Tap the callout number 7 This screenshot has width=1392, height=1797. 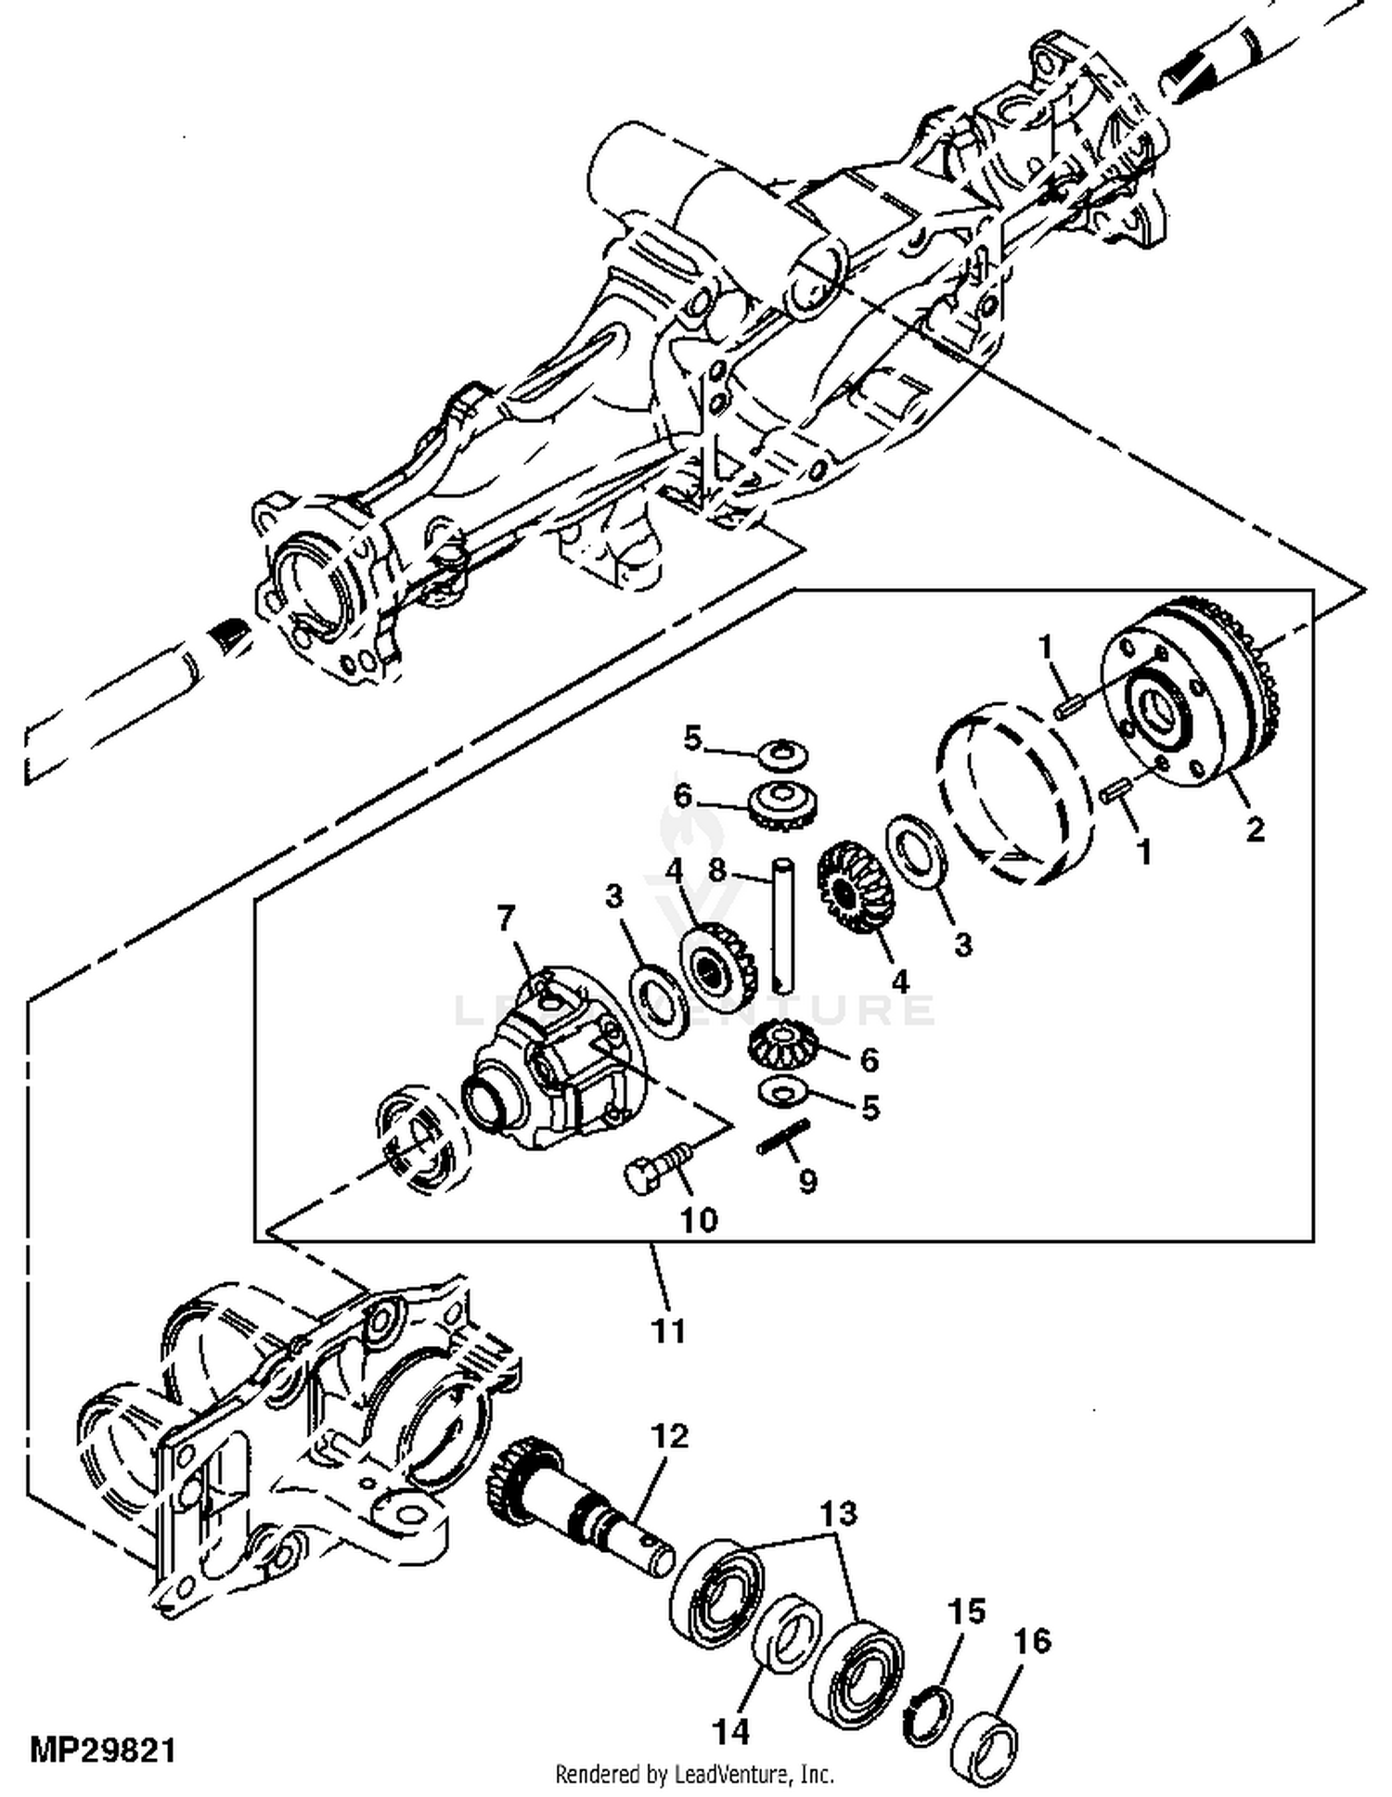pos(505,918)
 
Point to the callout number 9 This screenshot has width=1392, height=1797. pos(807,1182)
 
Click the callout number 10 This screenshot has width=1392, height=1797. pos(698,1219)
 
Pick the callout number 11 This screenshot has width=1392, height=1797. pos(667,1331)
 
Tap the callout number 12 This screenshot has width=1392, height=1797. pos(669,1437)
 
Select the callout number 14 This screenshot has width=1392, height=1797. pos(730,1730)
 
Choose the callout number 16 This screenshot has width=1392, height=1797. pos(1032,1641)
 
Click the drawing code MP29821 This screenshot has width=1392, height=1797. pos(102,1752)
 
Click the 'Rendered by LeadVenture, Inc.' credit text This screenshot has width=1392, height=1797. pos(694,1774)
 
